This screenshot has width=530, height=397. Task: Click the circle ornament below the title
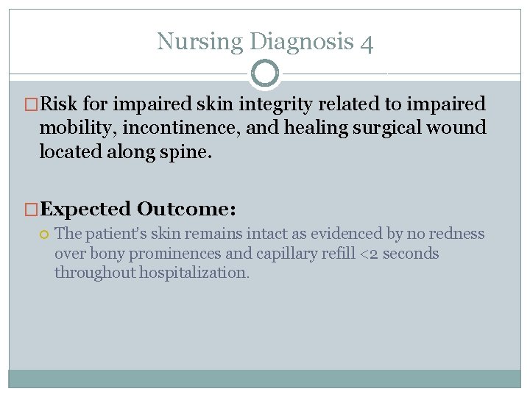coord(265,74)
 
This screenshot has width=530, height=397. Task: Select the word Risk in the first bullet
coord(57,104)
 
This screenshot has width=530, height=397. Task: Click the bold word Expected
coord(85,210)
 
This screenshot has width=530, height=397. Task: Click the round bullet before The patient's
coord(44,235)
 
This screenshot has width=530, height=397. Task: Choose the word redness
coord(458,235)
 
